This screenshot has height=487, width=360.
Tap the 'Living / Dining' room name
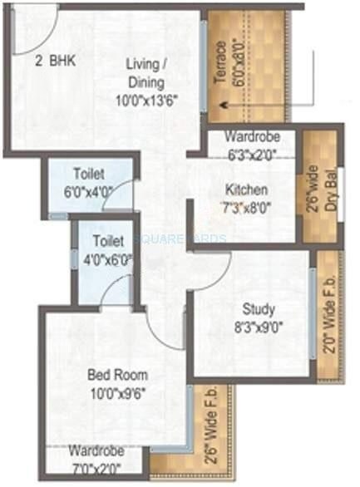pyautogui.click(x=145, y=72)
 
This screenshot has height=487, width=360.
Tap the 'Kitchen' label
pyautogui.click(x=242, y=189)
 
